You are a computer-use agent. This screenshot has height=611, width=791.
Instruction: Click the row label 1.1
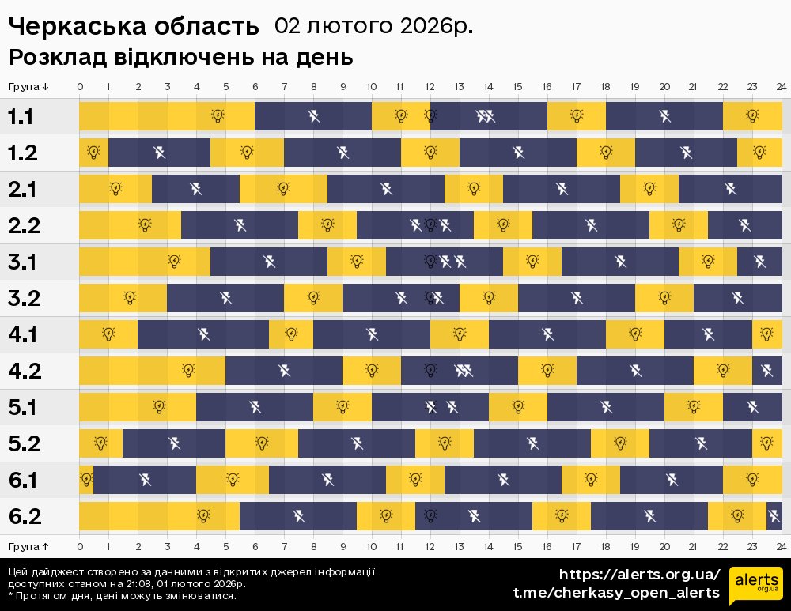[x=21, y=117]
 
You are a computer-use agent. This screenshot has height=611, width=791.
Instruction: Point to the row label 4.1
[x=22, y=335]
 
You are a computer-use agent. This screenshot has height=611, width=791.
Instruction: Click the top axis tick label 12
[x=430, y=86]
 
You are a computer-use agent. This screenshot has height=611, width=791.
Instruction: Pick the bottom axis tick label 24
[x=781, y=546]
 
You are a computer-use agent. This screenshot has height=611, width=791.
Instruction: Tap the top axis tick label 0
[x=80, y=86]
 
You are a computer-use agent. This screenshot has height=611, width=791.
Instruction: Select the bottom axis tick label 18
[x=605, y=546]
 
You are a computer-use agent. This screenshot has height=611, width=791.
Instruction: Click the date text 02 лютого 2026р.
[x=373, y=26]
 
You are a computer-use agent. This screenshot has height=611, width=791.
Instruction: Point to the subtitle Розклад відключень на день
[x=180, y=58]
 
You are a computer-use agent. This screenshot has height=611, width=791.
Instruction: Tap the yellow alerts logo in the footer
[x=755, y=586]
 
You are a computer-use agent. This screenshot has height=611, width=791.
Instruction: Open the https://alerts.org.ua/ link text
[x=640, y=575]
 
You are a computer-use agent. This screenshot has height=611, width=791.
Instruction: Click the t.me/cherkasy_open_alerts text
[x=616, y=593]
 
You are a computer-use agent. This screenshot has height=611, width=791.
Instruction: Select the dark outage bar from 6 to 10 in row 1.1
[x=313, y=117]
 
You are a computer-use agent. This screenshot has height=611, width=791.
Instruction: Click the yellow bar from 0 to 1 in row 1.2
[x=93, y=153]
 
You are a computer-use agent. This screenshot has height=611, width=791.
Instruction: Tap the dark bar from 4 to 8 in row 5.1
[x=255, y=407]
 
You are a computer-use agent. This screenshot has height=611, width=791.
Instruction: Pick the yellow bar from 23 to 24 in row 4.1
[x=766, y=334]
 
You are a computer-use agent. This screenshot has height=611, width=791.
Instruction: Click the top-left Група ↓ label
[x=29, y=86]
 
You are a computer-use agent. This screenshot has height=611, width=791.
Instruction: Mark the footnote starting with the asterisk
[x=122, y=595]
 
